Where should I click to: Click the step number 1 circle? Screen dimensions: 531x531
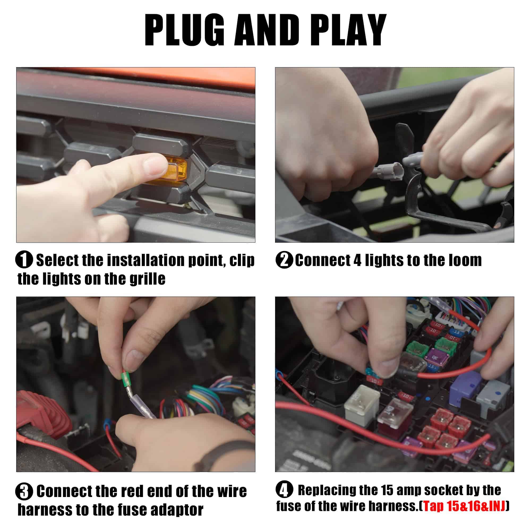[24, 260]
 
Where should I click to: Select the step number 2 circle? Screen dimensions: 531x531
[284, 260]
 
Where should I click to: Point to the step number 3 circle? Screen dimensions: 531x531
[24, 492]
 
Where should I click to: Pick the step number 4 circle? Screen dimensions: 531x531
[284, 490]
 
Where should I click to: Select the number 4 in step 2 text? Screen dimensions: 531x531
[357, 260]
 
